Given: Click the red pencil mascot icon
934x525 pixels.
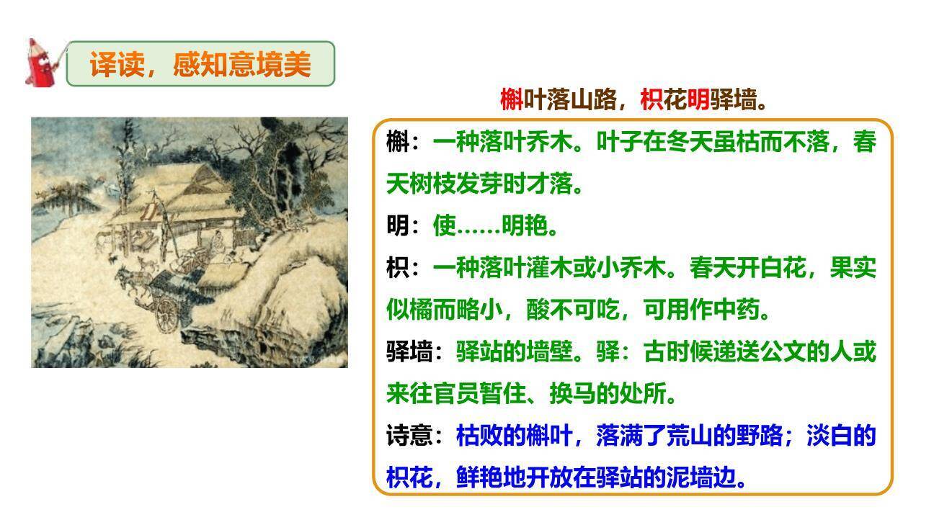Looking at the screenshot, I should tap(43, 63).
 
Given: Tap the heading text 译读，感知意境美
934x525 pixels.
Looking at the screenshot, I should tap(200, 65).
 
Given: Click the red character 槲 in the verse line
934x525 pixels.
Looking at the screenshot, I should tap(511, 100).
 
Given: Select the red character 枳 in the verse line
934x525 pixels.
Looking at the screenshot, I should tap(651, 100).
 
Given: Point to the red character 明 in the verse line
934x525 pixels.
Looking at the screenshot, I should tap(698, 100).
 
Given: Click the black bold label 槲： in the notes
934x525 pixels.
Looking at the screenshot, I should tap(403, 143).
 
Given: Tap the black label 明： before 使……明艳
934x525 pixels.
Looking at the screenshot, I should tap(403, 226).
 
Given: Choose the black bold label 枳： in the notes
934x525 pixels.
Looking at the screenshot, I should tap(403, 269).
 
